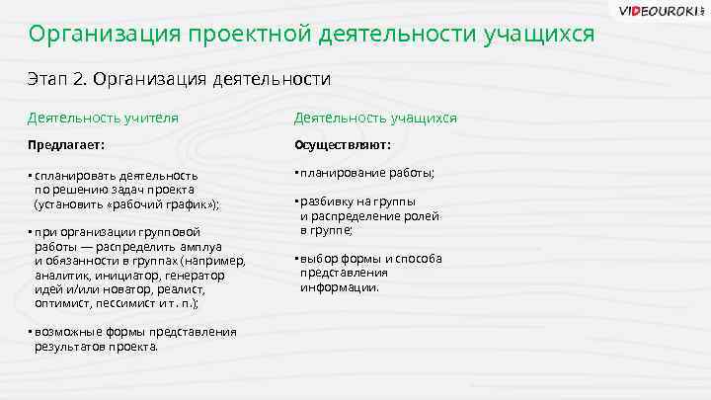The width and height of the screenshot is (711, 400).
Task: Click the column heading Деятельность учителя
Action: pos(103,118)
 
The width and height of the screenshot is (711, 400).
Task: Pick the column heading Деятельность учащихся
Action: pos(375,118)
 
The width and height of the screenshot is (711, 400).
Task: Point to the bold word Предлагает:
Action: pos(65,145)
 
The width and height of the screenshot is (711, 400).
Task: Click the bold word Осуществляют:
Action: pos(342,145)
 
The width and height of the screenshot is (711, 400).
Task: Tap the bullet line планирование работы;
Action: pos(366,173)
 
